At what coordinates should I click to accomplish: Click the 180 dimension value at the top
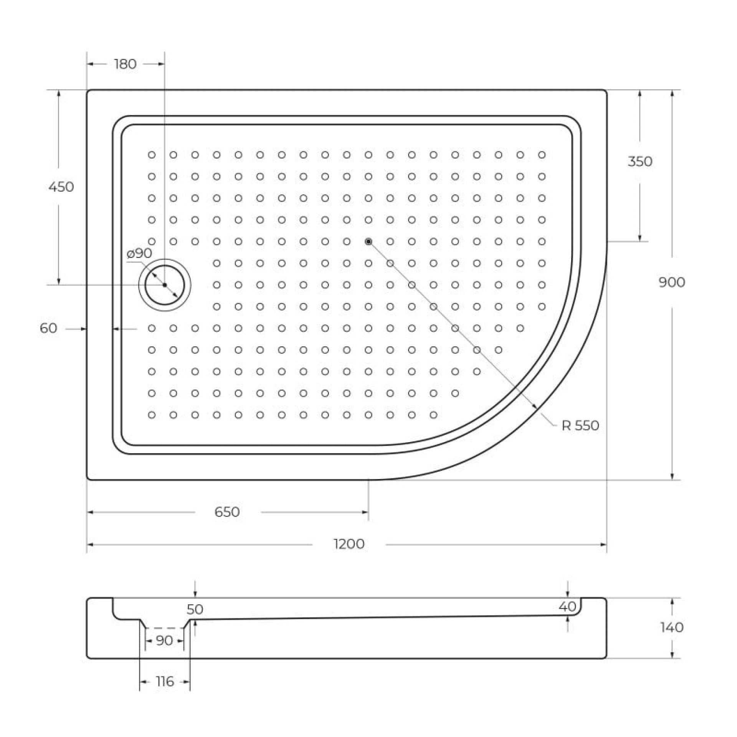[125, 64]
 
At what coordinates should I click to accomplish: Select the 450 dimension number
[61, 187]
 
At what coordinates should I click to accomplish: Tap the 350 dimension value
[640, 162]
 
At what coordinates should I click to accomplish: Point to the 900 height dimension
[672, 283]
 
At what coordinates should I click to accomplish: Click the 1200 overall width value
[349, 544]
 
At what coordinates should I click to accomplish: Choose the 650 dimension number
[227, 512]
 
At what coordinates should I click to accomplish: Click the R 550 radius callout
[580, 426]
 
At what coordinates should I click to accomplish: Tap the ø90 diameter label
[139, 253]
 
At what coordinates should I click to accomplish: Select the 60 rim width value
[49, 328]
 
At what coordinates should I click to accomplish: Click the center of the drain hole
[165, 285]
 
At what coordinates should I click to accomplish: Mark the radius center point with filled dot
[368, 241]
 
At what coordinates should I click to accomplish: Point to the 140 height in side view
[672, 627]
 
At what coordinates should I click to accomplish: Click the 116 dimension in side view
[165, 681]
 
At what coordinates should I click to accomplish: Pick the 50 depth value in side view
[195, 609]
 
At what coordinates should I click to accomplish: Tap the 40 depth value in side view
[567, 606]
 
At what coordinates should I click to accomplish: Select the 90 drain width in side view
[164, 641]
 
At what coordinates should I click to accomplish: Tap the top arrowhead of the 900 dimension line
[672, 94]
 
